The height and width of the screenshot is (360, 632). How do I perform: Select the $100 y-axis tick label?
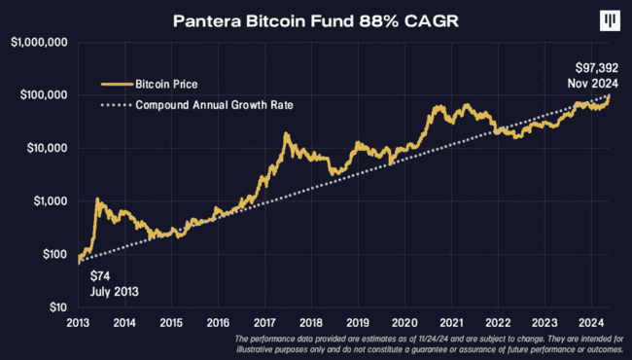pos(50,254)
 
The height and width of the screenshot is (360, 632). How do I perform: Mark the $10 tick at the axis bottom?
pos(53,307)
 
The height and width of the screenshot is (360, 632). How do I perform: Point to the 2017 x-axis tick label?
pos(264,322)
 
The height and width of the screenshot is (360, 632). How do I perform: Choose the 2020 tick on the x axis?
pos(404,322)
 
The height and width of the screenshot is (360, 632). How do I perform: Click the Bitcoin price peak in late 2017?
pos(286,135)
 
